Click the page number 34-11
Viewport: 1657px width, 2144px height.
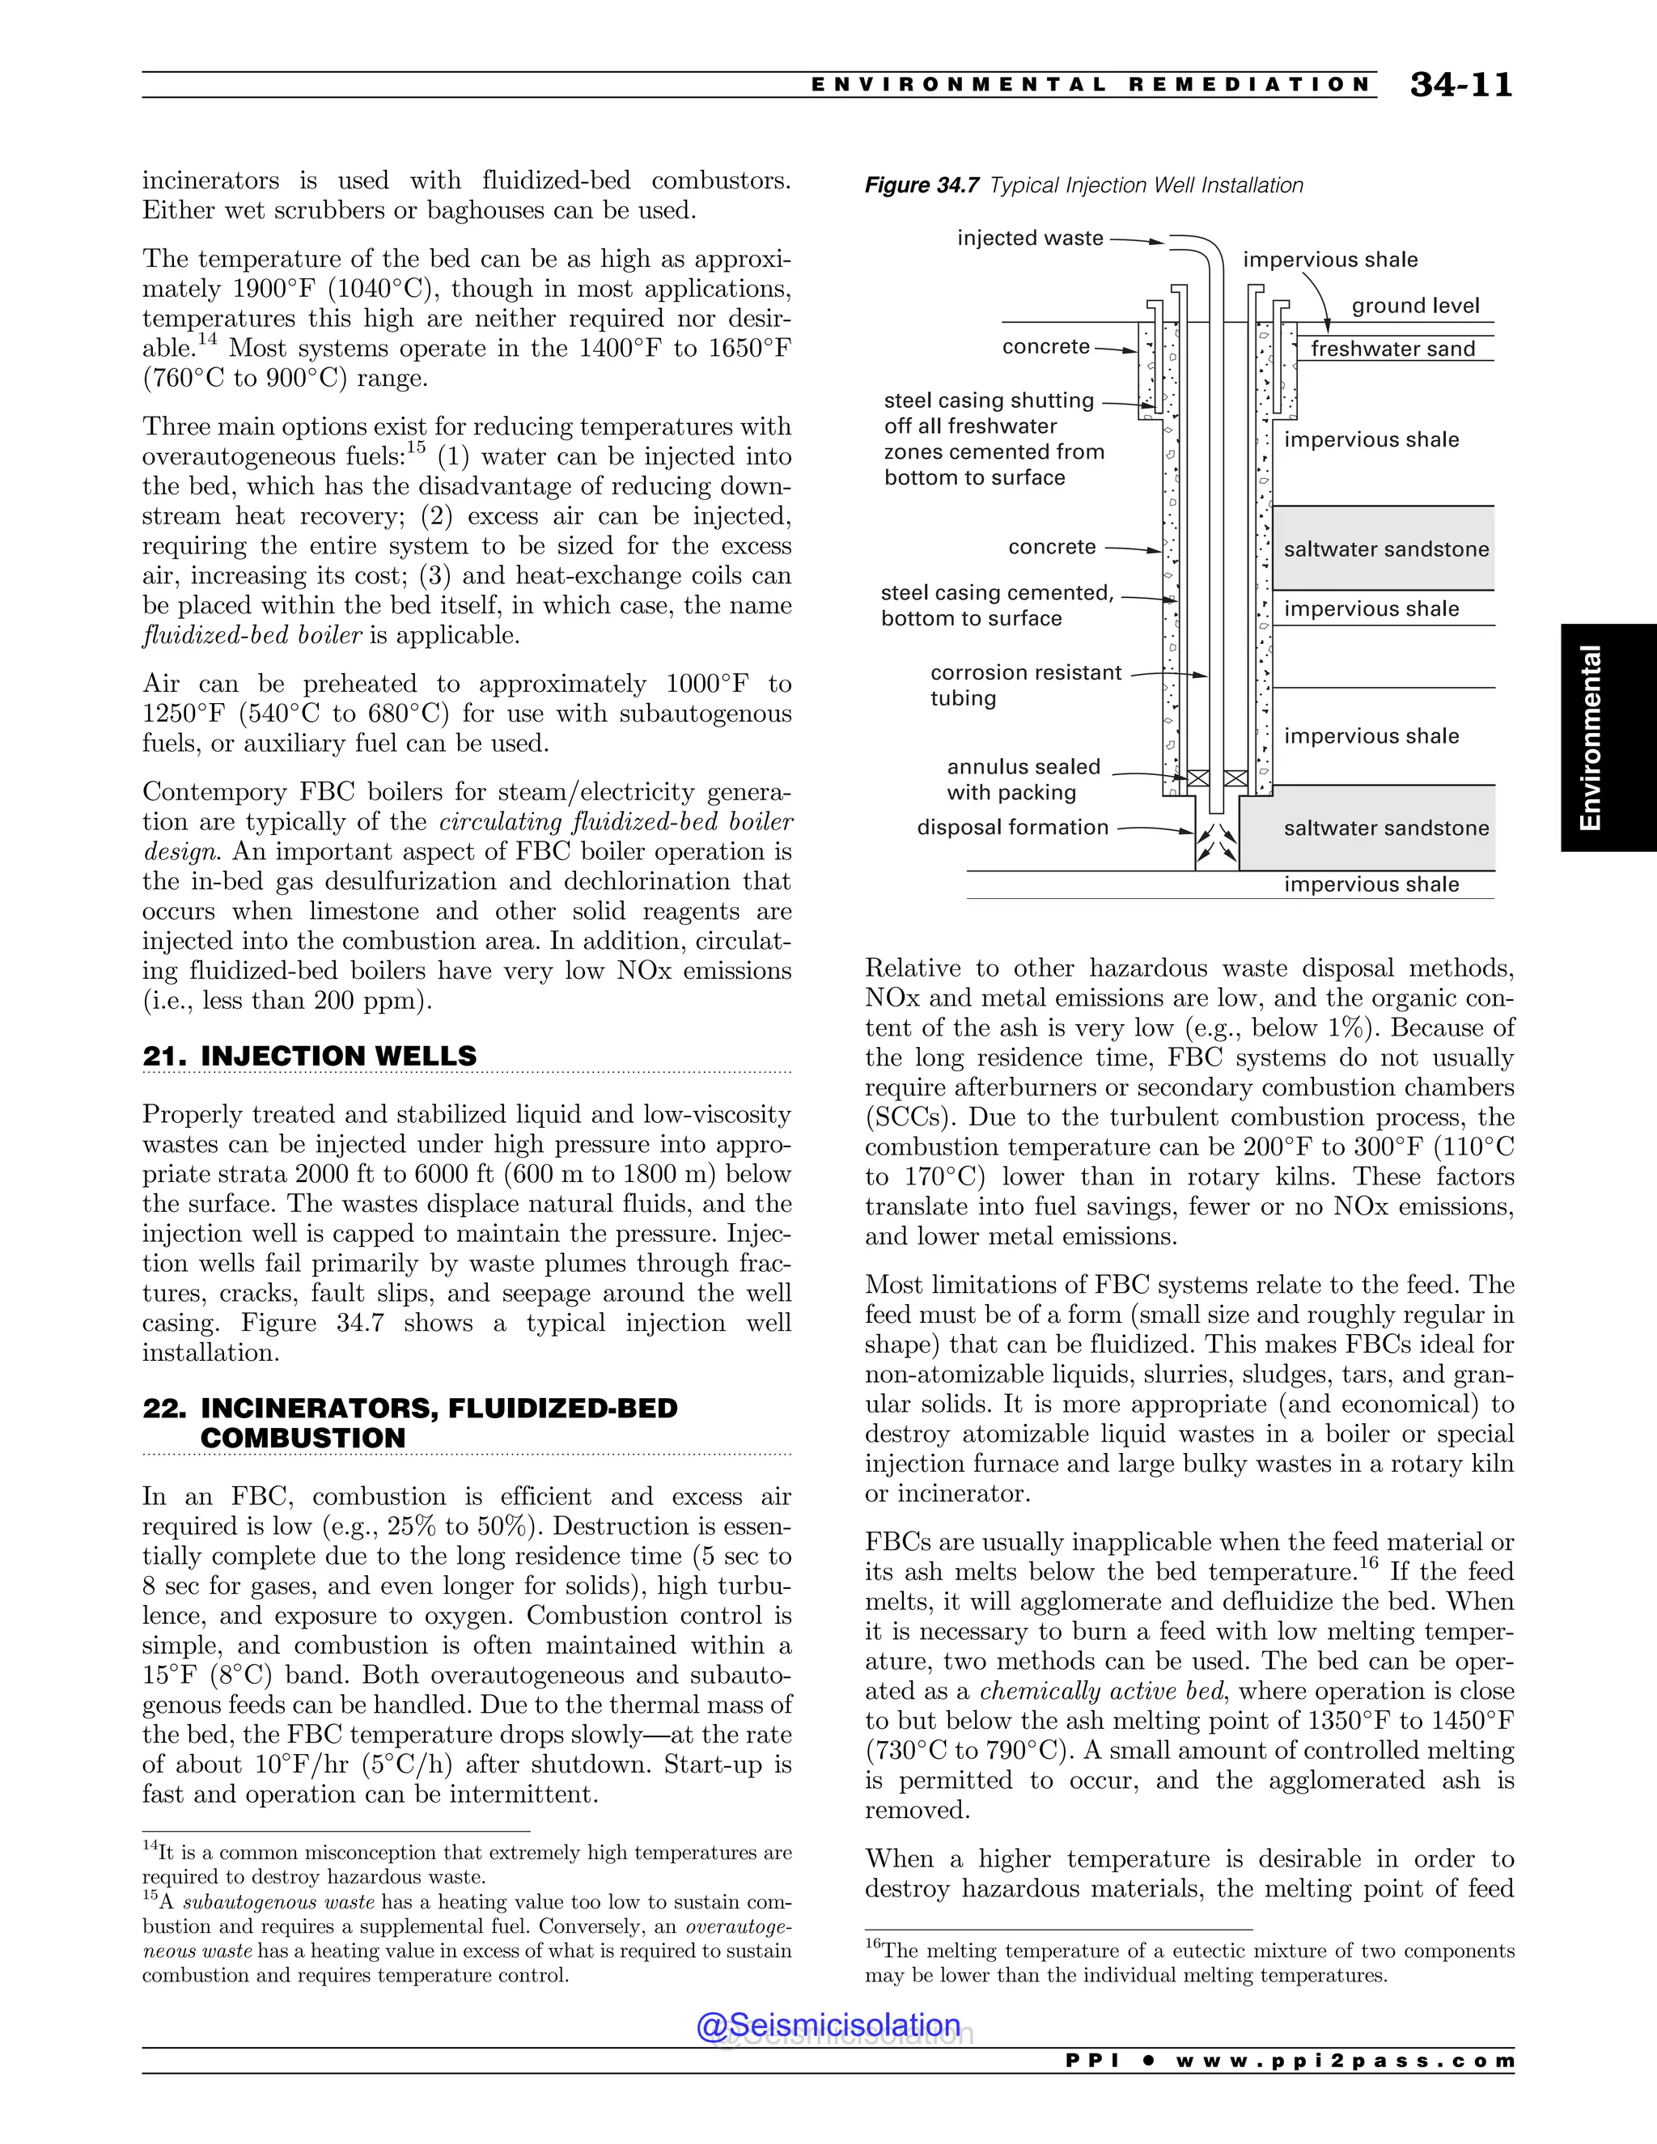tap(1460, 84)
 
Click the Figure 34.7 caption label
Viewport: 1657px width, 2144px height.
tap(921, 185)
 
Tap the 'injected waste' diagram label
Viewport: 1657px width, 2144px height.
tap(1030, 239)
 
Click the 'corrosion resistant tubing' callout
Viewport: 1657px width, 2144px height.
tap(1025, 685)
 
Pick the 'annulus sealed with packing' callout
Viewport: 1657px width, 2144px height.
tap(1023, 779)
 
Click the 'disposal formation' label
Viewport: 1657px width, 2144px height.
tap(1012, 828)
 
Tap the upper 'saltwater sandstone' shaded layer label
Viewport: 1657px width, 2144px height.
tap(1385, 549)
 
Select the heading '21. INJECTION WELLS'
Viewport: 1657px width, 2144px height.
tap(309, 1057)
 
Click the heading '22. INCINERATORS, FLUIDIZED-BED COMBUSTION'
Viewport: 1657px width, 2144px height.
tap(409, 1423)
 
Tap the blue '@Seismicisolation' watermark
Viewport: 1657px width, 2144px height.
tap(828, 2025)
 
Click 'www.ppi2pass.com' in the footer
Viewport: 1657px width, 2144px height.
tap(1345, 2061)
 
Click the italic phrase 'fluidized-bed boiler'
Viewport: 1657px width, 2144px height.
tap(252, 636)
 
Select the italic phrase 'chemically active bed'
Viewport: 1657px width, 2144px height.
tap(1103, 1692)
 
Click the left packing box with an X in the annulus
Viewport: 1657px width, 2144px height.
tap(1197, 778)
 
